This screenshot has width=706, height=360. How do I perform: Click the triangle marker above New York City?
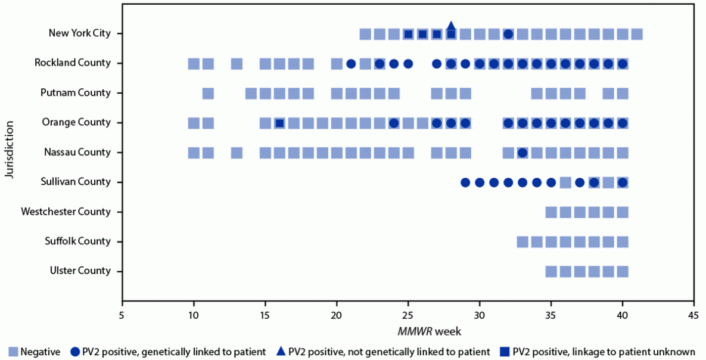[451, 26]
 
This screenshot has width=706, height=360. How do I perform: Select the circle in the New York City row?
[508, 34]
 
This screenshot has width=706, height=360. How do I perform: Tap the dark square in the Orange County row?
[279, 123]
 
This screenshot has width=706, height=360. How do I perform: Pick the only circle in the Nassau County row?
[522, 153]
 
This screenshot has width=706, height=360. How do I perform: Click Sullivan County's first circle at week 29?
[465, 182]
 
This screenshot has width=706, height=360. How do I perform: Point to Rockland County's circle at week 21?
[351, 64]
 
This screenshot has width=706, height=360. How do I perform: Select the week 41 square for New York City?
[637, 34]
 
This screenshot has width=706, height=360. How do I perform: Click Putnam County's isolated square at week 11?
[208, 93]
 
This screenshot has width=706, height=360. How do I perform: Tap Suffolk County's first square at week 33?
[522, 241]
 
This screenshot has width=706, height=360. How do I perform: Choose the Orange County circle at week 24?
[394, 123]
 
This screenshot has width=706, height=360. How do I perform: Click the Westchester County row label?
[66, 212]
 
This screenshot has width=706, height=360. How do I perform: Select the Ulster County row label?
[80, 271]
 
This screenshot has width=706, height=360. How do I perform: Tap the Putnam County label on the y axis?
[75, 93]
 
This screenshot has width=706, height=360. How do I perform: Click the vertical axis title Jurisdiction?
[9, 149]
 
